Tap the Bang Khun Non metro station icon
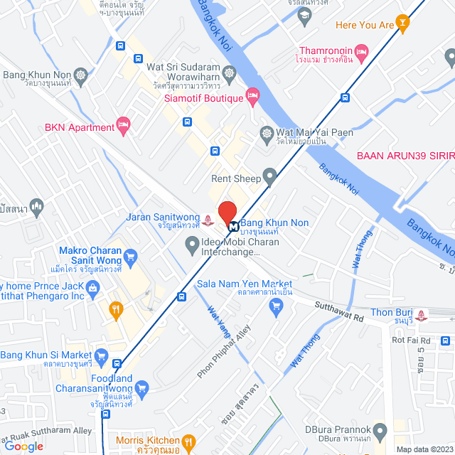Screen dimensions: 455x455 click(233, 223)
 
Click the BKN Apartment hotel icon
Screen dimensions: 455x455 click(124, 127)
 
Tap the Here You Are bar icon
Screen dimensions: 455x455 click(404, 26)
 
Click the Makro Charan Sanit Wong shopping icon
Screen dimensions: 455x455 click(129, 256)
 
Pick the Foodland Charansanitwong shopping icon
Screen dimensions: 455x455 click(141, 388)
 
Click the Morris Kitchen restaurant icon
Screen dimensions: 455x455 click(188, 442)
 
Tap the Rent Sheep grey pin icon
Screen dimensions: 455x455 click(269, 176)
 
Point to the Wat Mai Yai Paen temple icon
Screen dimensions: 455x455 click(267, 132)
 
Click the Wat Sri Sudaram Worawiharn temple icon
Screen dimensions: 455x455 click(229, 72)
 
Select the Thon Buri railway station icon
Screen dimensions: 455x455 click(424, 314)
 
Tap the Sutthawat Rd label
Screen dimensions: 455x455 click(340, 313)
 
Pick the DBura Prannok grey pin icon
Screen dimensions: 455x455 click(381, 430)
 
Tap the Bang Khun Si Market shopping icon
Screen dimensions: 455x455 click(101, 355)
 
